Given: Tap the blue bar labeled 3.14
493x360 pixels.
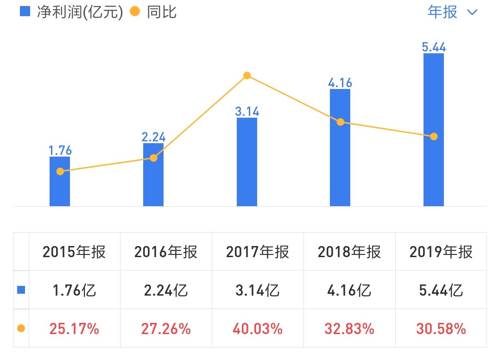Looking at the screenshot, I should click(x=246, y=162).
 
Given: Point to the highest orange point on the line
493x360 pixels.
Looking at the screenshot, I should click(x=247, y=76).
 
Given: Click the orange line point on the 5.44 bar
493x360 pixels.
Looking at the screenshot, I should click(x=434, y=137).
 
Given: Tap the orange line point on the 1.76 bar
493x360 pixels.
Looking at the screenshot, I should click(x=60, y=171).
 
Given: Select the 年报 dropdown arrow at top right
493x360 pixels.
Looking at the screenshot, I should click(x=472, y=13).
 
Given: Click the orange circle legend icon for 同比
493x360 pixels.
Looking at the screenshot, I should click(x=135, y=12).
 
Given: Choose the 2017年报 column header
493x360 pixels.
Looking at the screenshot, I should click(x=258, y=252).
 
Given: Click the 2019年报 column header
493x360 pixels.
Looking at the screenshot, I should click(x=441, y=252).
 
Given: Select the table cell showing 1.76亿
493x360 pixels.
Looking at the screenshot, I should click(x=74, y=290).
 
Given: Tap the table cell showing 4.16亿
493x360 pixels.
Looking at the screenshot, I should click(x=349, y=290).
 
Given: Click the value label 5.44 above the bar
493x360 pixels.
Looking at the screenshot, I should click(x=434, y=46).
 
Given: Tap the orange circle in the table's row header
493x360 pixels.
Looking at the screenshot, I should click(x=21, y=328).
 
